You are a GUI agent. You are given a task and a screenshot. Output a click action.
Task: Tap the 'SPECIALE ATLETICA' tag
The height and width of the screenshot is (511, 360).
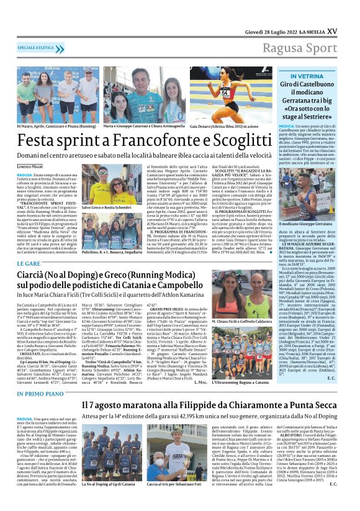pyautogui.click(x=37, y=48)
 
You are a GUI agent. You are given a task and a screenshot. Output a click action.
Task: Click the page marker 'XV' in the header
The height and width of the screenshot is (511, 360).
pyautogui.click(x=332, y=30)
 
